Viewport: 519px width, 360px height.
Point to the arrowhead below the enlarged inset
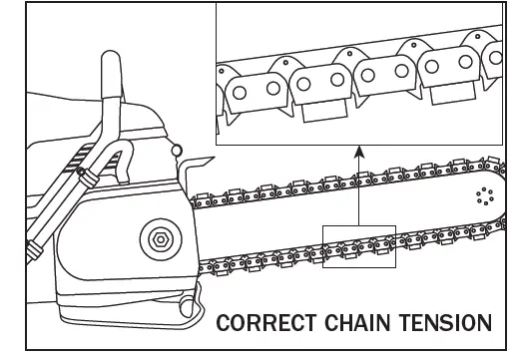click(358, 154)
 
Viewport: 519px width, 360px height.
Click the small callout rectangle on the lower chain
click(359, 246)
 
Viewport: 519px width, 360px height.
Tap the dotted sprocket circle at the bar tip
click(485, 194)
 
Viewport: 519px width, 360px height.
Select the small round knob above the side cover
click(177, 151)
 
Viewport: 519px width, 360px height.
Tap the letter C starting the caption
click(225, 324)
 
